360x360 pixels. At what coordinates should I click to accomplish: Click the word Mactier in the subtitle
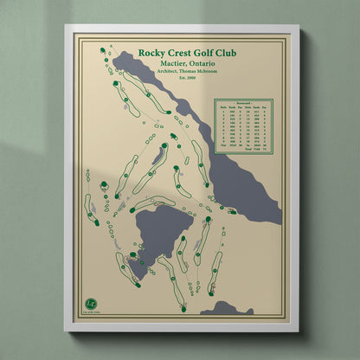coord(164,64)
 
